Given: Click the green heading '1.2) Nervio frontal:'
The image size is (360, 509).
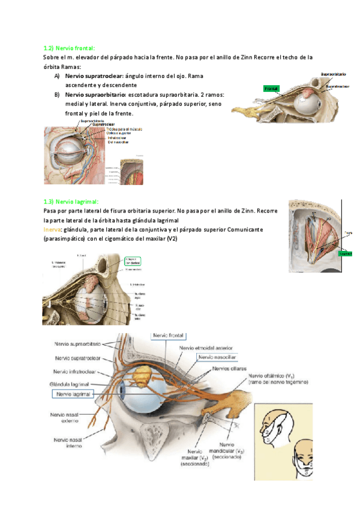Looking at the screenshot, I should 69,47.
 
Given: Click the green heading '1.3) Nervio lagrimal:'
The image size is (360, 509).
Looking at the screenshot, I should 71,202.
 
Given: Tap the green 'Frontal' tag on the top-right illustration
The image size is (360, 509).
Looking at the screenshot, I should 271,88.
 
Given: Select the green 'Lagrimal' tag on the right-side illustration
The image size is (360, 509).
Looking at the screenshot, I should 344,253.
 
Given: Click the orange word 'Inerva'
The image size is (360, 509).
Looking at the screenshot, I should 52,230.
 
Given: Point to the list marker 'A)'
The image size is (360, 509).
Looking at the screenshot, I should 56,76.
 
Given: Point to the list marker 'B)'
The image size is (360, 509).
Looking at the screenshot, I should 56,95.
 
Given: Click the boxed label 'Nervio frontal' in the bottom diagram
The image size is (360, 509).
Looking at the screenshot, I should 168,336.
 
